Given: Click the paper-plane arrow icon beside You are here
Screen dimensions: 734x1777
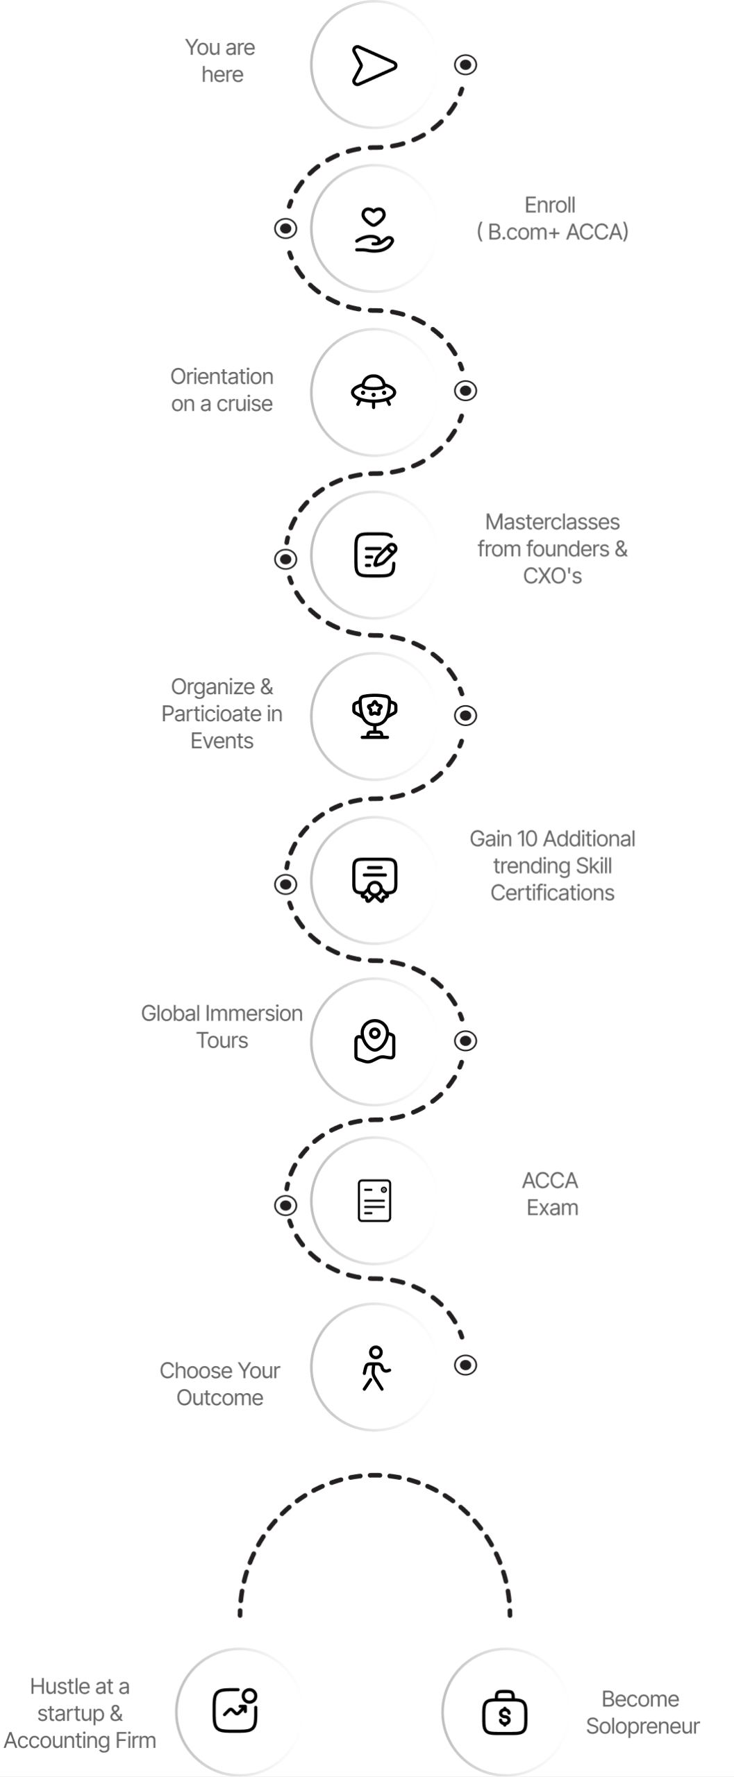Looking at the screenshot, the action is pyautogui.click(x=374, y=65).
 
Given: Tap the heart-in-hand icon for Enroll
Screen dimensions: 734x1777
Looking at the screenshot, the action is pyautogui.click(x=374, y=230).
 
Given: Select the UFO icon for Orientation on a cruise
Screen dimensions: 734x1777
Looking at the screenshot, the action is pyautogui.click(x=374, y=391).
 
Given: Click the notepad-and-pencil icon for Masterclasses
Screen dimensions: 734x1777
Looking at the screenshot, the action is pyautogui.click(x=375, y=555).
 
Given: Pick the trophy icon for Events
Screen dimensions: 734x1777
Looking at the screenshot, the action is pyautogui.click(x=375, y=716).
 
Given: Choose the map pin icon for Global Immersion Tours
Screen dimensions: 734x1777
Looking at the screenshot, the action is pyautogui.click(x=375, y=1041).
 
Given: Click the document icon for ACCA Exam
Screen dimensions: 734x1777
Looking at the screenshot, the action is pyautogui.click(x=374, y=1200).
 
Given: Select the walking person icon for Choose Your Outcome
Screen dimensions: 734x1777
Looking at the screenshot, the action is pyautogui.click(x=376, y=1368).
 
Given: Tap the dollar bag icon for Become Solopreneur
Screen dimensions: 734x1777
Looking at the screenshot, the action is pyautogui.click(x=505, y=1712).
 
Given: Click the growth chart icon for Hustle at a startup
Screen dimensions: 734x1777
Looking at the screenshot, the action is pyautogui.click(x=235, y=1710).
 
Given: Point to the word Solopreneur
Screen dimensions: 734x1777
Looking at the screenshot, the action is pyautogui.click(x=643, y=1726).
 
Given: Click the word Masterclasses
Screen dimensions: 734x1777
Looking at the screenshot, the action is pyautogui.click(x=553, y=522).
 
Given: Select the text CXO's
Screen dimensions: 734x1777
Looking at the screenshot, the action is pyautogui.click(x=553, y=576).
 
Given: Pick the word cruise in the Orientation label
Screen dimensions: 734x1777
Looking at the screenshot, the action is pyautogui.click(x=245, y=404).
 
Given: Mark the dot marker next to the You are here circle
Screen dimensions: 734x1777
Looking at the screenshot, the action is pyautogui.click(x=465, y=65).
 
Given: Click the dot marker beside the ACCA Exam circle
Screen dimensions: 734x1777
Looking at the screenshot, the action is pyautogui.click(x=285, y=1205).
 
